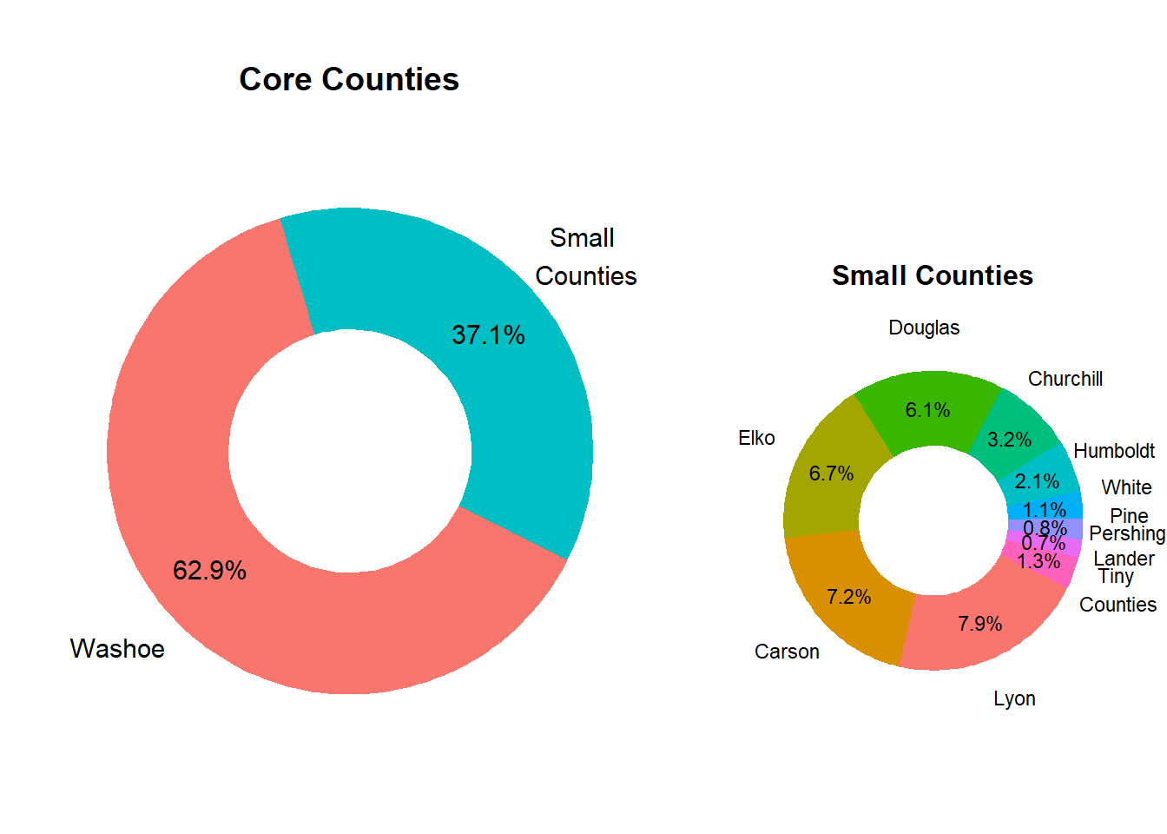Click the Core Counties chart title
(349, 80)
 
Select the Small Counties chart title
(932, 276)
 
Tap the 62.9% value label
(209, 571)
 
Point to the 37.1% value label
(488, 335)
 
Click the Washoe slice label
(117, 649)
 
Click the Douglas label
(924, 328)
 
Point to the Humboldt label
(1114, 451)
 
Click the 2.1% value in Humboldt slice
(1037, 481)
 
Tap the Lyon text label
(1014, 699)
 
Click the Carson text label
(787, 652)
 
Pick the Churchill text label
(1065, 380)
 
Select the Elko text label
(756, 439)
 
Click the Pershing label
(1126, 533)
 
